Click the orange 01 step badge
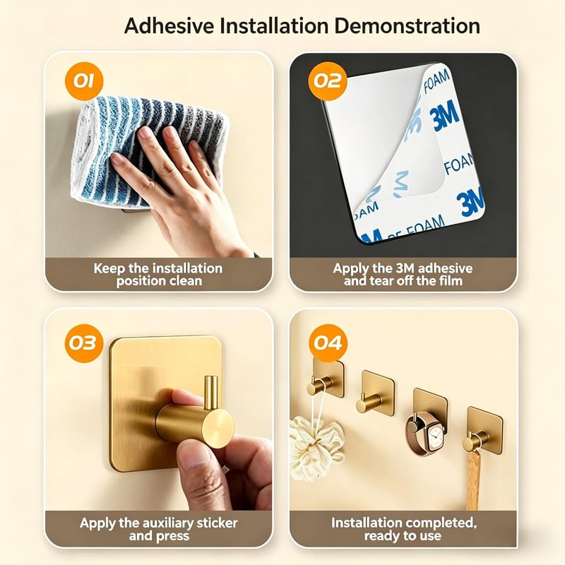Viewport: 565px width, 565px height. (84, 81)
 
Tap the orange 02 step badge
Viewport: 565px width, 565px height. (328, 81)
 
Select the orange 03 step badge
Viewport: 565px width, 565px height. (84, 343)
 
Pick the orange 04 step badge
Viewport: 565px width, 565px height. (328, 343)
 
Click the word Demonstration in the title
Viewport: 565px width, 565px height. (407, 26)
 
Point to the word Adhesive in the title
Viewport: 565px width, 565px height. (169, 26)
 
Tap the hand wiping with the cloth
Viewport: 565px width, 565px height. (180, 187)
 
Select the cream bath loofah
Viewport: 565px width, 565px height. (315, 447)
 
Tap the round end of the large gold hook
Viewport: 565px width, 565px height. (218, 429)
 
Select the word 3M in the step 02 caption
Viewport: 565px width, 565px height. (405, 268)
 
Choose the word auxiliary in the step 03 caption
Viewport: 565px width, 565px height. (173, 523)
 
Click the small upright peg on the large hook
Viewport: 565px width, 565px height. (211, 393)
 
